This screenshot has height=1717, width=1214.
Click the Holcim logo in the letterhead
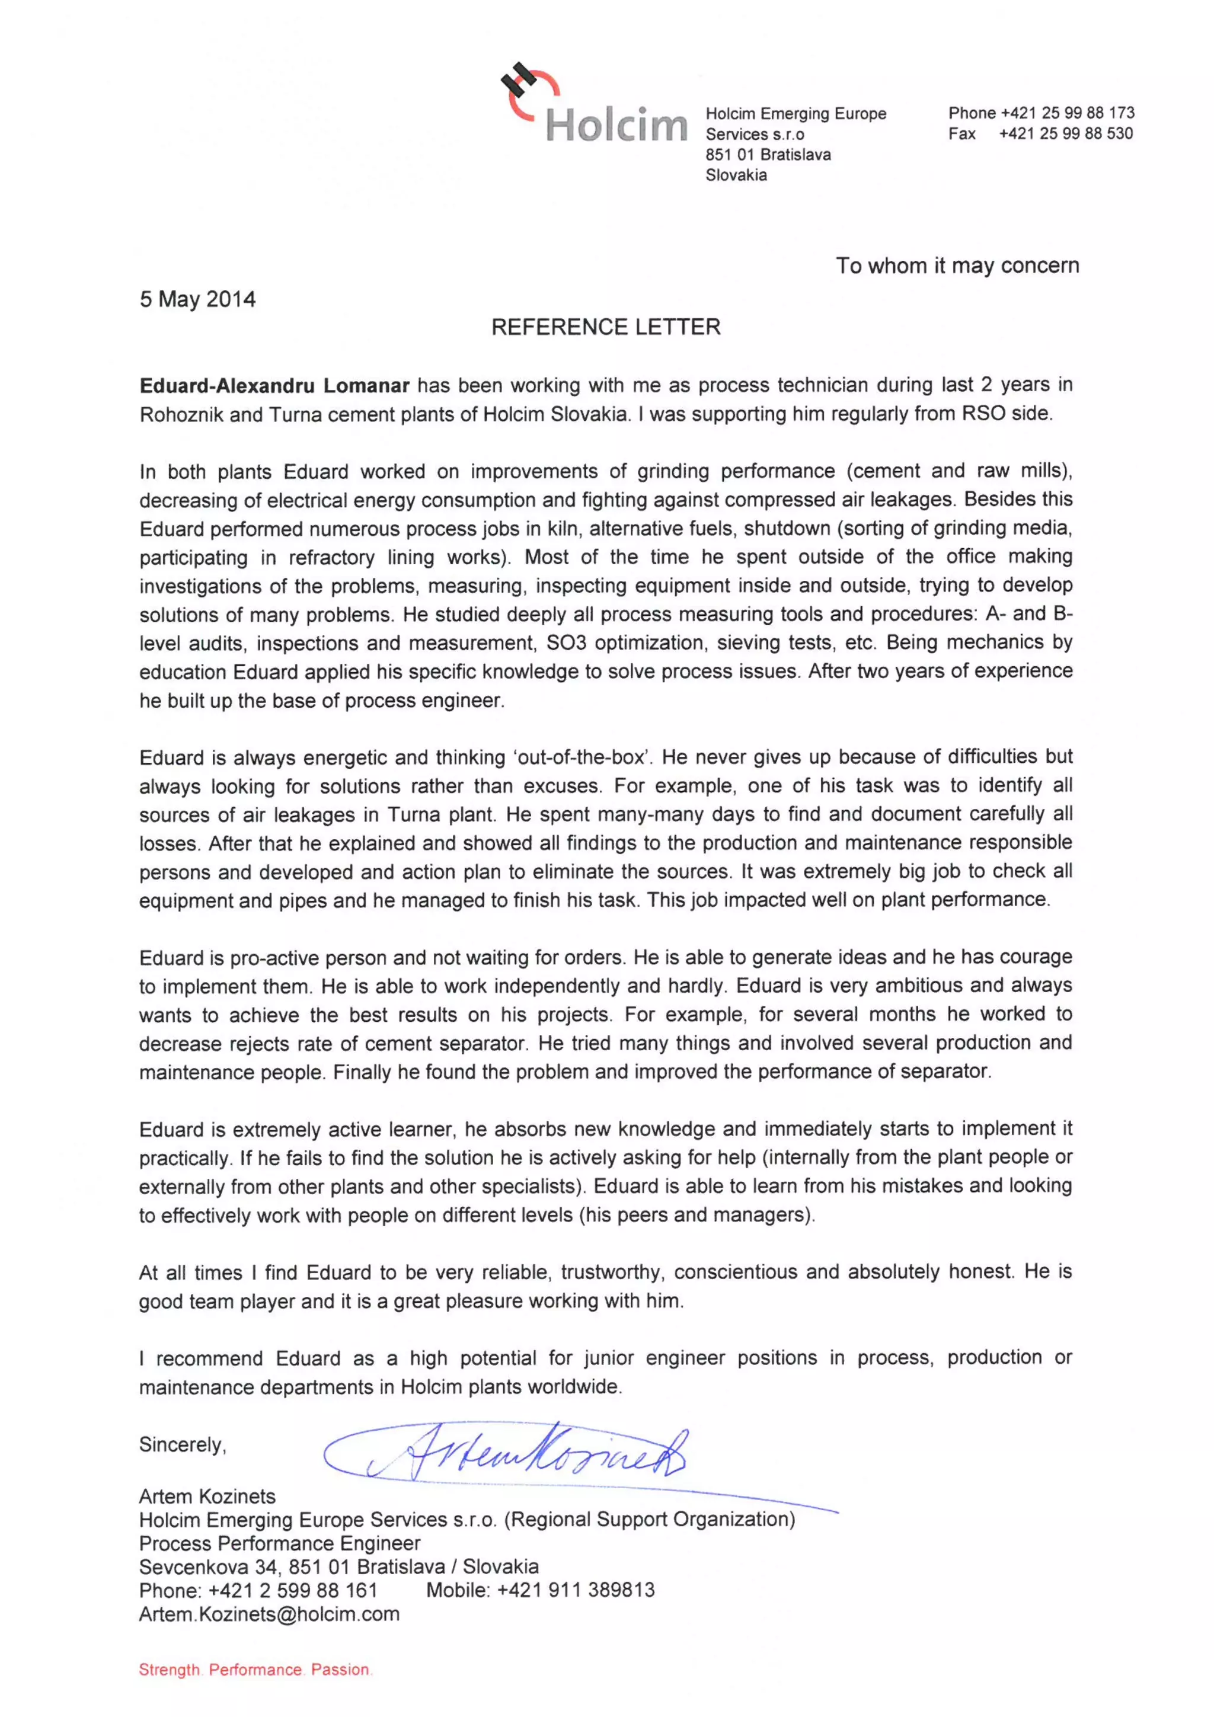point(594,107)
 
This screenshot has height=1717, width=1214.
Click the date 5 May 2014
point(197,299)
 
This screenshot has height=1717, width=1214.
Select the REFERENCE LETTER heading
point(605,327)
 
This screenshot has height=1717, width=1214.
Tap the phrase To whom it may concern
point(957,266)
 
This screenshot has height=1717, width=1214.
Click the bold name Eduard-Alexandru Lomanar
point(274,386)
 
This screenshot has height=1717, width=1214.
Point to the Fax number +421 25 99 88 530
point(1065,134)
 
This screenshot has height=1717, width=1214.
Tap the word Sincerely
point(182,1444)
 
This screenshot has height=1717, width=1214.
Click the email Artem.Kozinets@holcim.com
point(269,1614)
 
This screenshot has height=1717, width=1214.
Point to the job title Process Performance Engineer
point(279,1543)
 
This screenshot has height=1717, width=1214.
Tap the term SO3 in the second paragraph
point(566,643)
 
